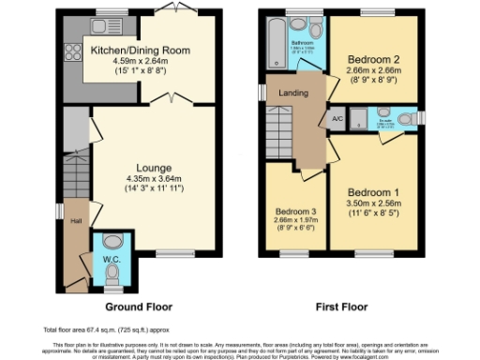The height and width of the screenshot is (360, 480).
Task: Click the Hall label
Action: tap(75, 222)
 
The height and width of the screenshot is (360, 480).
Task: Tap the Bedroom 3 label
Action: tap(295, 211)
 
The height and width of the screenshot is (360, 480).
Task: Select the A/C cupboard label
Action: tap(337, 119)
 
